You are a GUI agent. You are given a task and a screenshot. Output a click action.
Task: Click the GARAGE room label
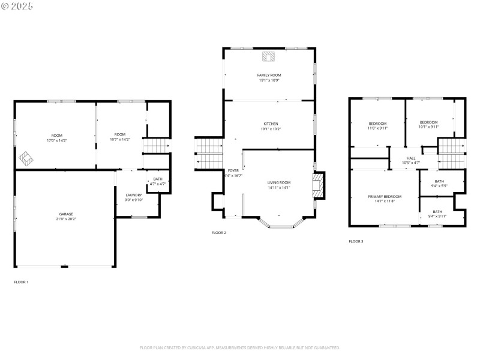coord(66,214)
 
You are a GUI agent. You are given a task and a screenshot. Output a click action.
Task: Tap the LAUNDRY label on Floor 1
coord(134,195)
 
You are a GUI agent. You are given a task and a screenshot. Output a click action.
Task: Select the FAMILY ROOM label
coord(269,75)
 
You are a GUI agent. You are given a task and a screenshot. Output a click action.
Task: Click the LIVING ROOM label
coord(279,182)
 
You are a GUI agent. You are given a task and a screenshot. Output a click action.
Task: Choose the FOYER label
coord(233,171)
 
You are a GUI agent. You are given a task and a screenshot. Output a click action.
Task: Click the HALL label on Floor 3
coord(411,158)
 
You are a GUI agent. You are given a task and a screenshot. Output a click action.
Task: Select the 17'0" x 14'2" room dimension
coord(57,140)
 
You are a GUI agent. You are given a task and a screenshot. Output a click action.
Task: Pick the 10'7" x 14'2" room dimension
coord(120,139)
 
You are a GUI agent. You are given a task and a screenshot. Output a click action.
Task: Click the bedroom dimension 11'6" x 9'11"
coord(377,128)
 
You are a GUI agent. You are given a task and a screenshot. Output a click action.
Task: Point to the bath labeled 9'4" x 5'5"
coord(439,186)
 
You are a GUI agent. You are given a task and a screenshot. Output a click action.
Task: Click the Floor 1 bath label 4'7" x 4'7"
coord(157,184)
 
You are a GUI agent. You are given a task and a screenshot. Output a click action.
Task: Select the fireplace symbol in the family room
coord(268,57)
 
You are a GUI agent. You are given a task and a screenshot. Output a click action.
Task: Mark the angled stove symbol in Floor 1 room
coord(26,159)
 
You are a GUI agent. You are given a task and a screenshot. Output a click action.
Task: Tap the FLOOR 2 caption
coord(219,233)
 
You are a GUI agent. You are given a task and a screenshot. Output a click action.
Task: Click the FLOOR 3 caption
coord(356,241)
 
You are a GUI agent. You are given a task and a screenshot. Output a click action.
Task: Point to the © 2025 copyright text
coord(17,6)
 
